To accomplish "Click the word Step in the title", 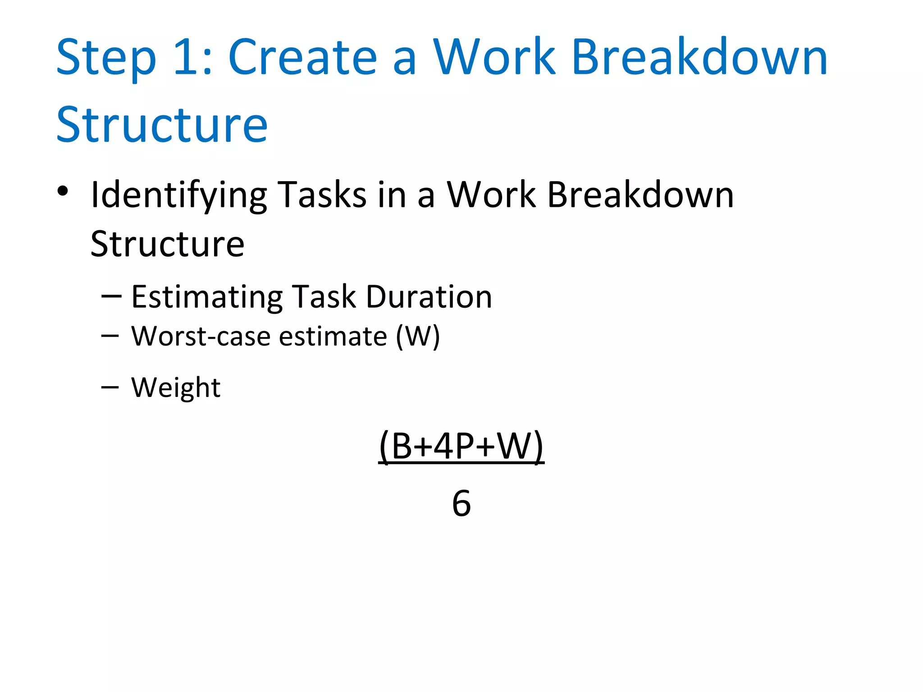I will tap(106, 59).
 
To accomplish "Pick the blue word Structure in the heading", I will tap(162, 125).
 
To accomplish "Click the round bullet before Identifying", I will tap(63, 191).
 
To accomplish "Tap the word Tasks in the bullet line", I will tap(322, 195).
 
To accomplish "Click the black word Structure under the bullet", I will tap(167, 244).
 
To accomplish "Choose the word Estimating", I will tap(206, 297).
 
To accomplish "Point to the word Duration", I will tap(429, 297).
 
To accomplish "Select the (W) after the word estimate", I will tap(417, 336).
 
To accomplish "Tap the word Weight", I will tap(176, 387).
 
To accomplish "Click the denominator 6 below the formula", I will tap(461, 503).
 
